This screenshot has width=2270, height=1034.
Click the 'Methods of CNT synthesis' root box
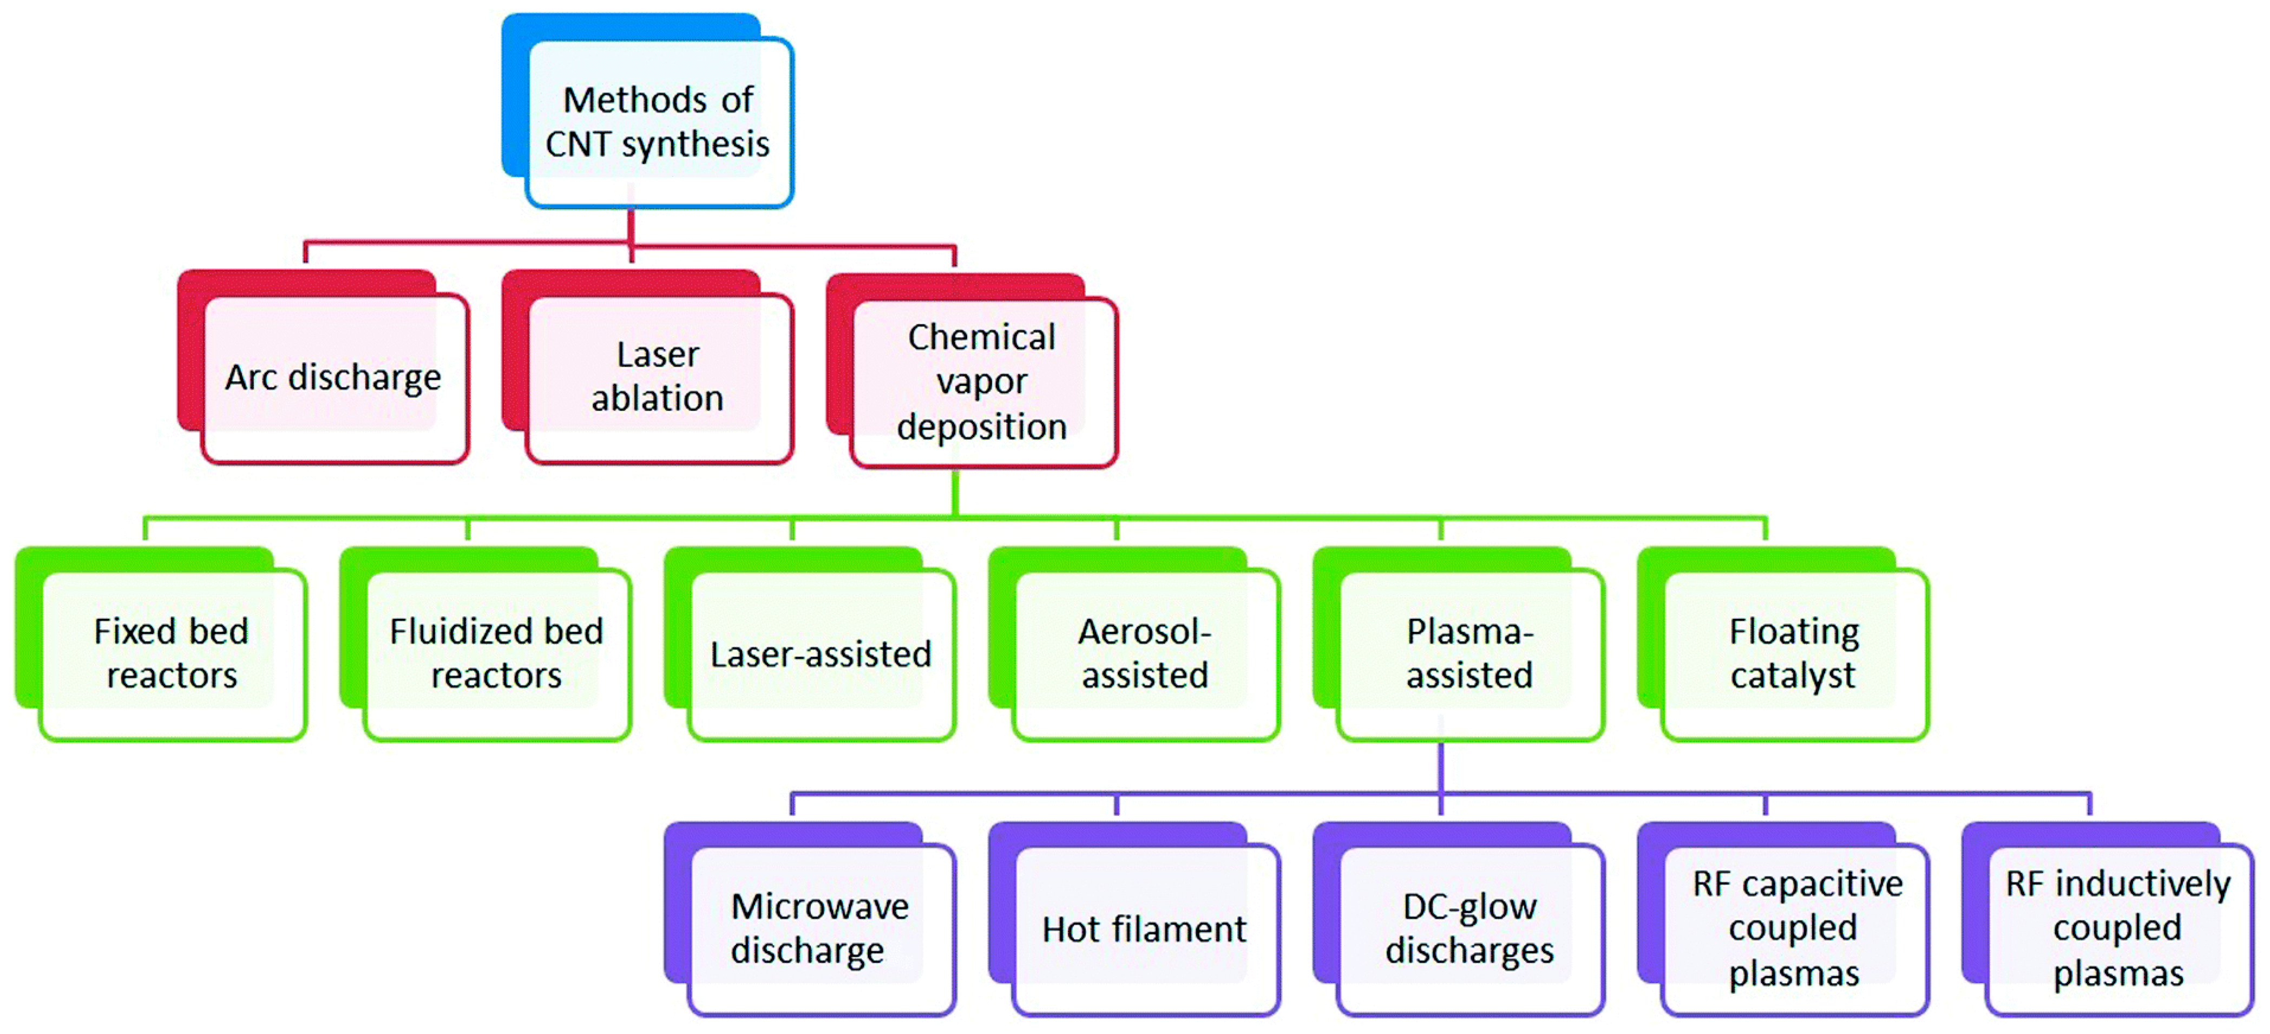pos(658,122)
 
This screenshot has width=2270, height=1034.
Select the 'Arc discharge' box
pos(333,377)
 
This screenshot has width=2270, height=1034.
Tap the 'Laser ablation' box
pos(658,377)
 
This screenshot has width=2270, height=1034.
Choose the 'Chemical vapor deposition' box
pos(982,382)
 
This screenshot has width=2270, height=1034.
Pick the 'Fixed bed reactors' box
pos(172,653)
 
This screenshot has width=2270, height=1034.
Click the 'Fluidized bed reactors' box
pos(496,653)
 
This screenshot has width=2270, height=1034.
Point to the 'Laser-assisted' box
pos(821,654)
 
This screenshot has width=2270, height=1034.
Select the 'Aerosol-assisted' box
pos(1145,653)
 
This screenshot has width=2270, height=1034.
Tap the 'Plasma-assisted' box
pos(1469,653)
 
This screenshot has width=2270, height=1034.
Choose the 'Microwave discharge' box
pos(821,928)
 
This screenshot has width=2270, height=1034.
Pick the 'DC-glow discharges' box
pos(1469,928)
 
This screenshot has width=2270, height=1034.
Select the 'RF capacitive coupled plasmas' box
pos(1795,928)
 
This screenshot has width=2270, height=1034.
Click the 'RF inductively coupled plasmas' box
pos(2118,928)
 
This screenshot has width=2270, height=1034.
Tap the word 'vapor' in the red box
pos(982,382)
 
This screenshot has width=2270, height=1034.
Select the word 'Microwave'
pos(821,906)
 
